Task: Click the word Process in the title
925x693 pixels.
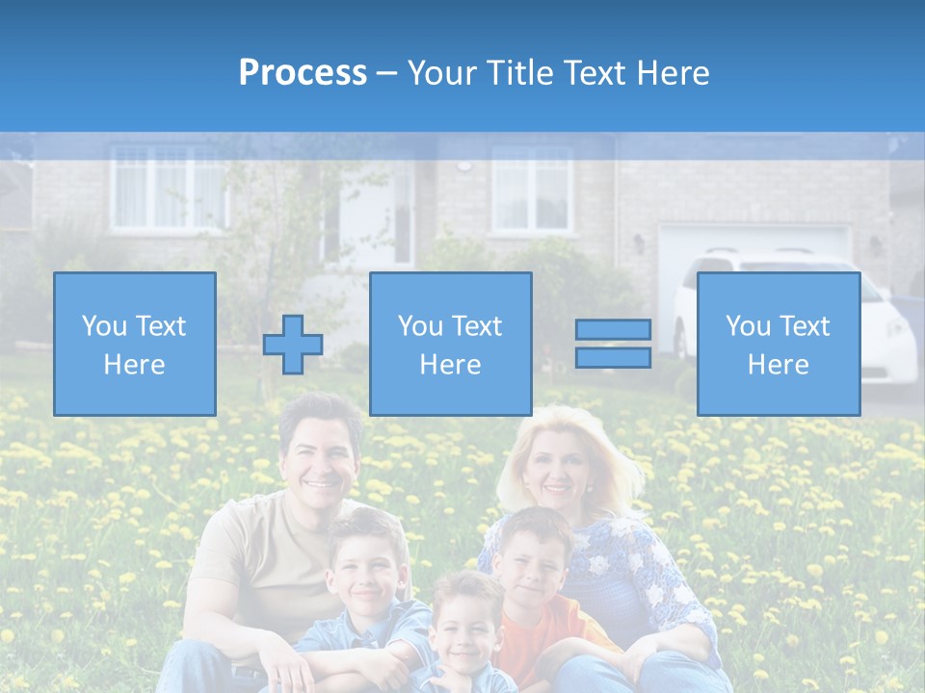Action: click(303, 72)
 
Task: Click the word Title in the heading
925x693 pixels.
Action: click(519, 72)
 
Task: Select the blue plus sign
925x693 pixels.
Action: click(293, 344)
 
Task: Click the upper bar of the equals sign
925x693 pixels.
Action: click(613, 329)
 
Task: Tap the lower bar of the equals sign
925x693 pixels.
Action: click(613, 357)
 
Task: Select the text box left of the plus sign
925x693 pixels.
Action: click(135, 344)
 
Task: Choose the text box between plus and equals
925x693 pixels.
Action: click(450, 344)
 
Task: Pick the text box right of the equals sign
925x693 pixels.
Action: click(778, 344)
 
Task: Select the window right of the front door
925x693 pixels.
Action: click(532, 189)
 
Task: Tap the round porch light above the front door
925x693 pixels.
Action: click(463, 165)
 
